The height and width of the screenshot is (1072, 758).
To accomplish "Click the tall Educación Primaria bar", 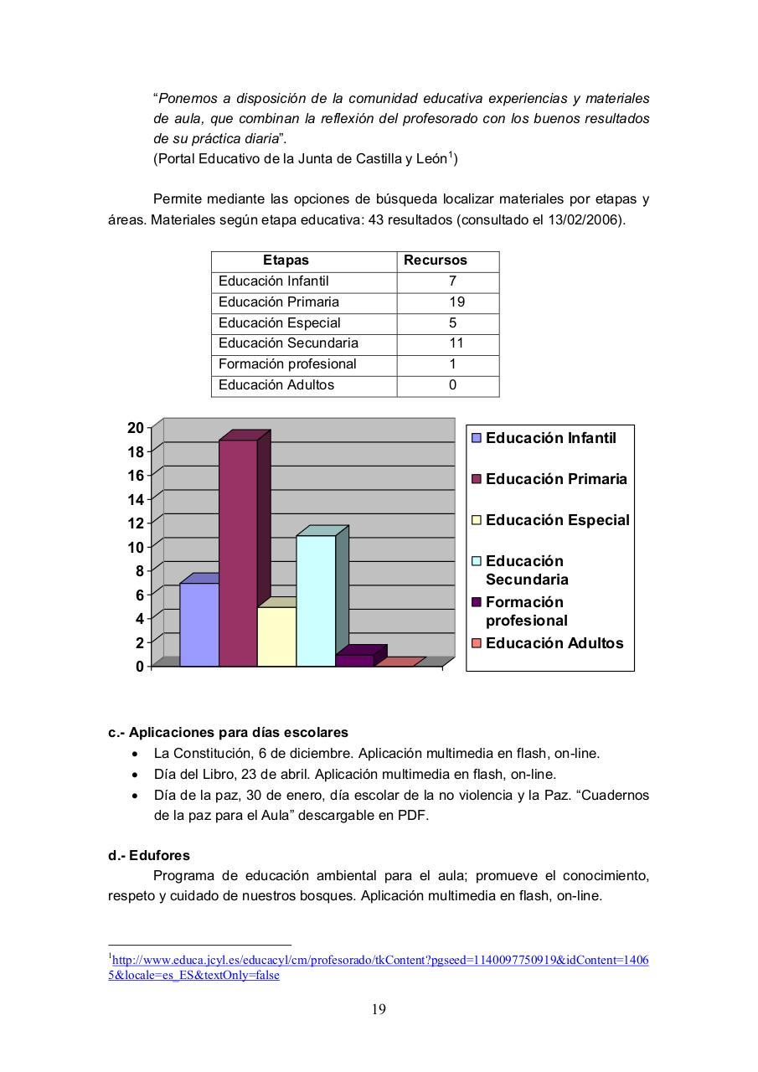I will tap(238, 553).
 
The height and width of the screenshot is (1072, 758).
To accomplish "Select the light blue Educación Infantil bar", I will tap(199, 625).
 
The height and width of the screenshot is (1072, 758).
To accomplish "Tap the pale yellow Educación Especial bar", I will tap(276, 636).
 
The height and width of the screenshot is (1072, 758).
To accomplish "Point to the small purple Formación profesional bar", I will tap(354, 660).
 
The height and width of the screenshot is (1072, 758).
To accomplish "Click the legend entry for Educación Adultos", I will tap(554, 643).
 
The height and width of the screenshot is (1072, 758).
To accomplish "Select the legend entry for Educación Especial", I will tap(557, 520).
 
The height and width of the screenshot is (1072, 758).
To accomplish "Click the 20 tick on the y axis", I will tap(135, 428).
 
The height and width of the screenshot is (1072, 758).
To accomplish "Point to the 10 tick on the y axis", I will tap(135, 547).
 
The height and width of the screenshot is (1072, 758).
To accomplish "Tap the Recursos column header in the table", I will tap(436, 260).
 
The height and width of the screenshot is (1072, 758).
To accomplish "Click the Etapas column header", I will tap(286, 260).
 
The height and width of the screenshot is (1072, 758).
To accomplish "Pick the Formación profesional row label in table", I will tap(287, 364).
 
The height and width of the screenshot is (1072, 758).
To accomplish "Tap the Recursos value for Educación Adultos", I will tap(452, 385).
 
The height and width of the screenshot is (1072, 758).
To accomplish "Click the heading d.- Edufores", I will tap(149, 856).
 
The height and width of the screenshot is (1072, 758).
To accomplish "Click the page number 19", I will tap(379, 1009).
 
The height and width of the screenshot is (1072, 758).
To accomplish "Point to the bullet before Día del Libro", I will tap(136, 775).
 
